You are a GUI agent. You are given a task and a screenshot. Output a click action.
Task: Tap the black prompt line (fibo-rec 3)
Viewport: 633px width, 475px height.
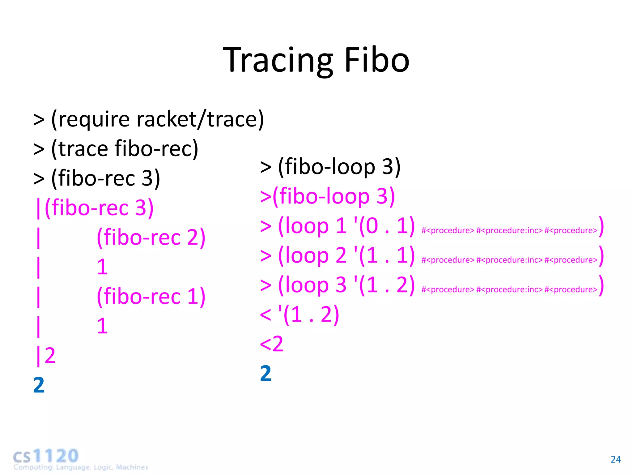pos(105,178)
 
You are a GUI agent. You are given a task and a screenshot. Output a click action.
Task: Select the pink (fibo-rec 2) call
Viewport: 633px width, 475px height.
pos(151,237)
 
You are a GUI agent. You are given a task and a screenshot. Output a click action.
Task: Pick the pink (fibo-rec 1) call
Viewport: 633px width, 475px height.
pos(151,297)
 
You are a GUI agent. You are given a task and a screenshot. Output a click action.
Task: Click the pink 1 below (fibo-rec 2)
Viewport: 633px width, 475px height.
pos(102,267)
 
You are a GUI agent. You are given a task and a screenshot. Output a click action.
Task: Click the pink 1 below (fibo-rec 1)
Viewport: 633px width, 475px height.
pos(102,326)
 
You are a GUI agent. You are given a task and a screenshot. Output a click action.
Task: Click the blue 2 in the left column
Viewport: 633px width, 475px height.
pos(39,385)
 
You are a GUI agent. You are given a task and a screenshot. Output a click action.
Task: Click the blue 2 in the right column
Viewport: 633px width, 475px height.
pos(266,374)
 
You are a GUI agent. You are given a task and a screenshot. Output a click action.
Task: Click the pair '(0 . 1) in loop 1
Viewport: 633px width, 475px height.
pos(384,226)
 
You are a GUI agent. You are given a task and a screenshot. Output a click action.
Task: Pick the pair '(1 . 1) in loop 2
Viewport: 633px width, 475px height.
pos(384,255)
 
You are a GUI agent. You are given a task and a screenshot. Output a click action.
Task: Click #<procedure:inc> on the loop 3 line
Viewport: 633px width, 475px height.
pos(509,289)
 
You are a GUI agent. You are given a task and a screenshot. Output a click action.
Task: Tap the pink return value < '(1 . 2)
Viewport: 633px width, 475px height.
pos(300,315)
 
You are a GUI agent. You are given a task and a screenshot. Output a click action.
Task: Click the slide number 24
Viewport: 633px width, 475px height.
pos(616,459)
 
